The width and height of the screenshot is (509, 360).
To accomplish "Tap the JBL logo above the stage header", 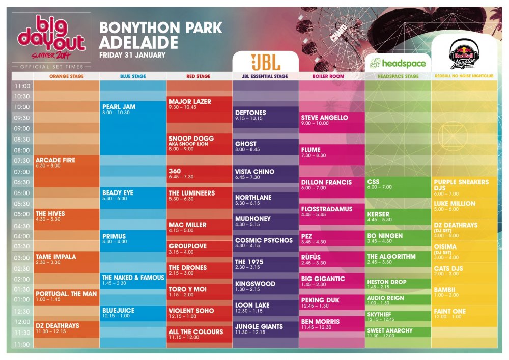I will pos(265,62).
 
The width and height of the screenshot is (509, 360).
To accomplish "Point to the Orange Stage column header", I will pos(67,76).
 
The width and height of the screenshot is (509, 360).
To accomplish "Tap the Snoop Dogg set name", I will pos(191,139).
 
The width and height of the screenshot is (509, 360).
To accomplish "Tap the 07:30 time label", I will pos(21,161).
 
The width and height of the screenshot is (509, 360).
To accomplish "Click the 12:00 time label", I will pos(21,322).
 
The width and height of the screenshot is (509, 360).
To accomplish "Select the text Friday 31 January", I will pos(132,55).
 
